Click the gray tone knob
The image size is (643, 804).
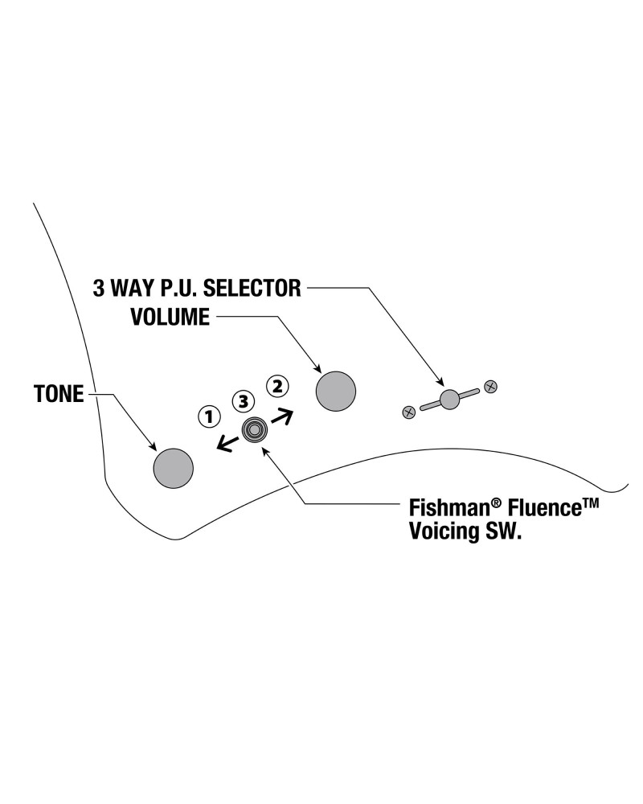point(174,467)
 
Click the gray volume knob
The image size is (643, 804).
point(335,392)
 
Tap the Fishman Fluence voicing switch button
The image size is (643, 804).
point(255,431)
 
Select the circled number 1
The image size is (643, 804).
point(209,416)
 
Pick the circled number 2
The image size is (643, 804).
point(276,385)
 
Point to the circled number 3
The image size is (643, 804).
point(243,400)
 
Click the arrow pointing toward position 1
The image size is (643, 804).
point(227,443)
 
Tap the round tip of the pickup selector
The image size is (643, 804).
point(449,398)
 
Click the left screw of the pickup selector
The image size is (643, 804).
point(408,412)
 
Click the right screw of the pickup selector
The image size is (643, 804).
point(491,386)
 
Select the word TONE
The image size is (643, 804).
point(59,395)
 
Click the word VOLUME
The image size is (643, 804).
point(170,317)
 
